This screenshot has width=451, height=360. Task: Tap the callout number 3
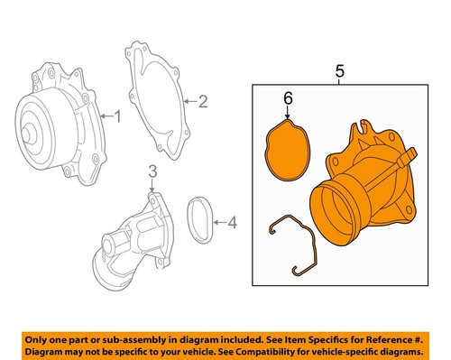click(152, 171)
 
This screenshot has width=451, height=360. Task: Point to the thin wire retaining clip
click(298, 241)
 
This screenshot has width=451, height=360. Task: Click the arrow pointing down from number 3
click(152, 183)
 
